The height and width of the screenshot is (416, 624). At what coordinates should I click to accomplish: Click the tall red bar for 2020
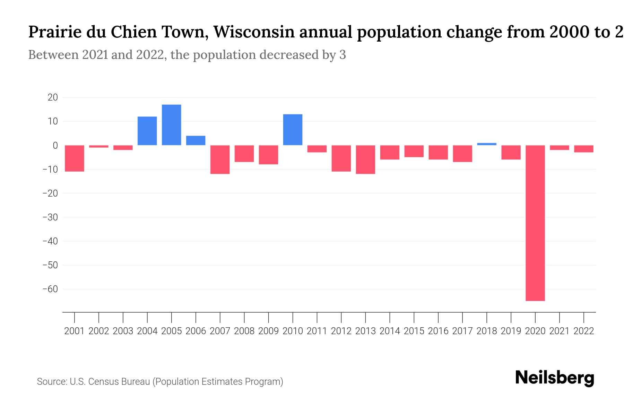(535, 223)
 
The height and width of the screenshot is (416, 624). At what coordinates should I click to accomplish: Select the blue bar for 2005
(172, 125)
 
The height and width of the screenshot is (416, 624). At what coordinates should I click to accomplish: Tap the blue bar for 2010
(293, 130)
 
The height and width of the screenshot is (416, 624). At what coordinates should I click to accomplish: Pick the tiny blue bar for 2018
(486, 144)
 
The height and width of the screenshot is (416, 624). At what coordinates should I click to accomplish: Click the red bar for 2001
(75, 158)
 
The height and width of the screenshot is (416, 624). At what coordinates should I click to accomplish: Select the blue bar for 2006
(196, 140)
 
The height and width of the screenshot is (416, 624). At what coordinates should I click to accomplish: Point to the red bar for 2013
(365, 159)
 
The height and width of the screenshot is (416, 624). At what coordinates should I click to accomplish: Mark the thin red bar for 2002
(99, 146)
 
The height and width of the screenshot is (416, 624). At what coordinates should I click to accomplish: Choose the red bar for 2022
(583, 149)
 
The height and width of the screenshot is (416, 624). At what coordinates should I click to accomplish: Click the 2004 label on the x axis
(147, 331)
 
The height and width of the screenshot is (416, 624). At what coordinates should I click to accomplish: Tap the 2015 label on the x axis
(414, 331)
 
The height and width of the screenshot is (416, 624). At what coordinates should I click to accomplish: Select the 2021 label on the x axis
(559, 331)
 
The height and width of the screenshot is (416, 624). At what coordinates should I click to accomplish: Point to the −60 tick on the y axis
(50, 289)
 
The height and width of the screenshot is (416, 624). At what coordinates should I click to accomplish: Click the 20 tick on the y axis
(53, 97)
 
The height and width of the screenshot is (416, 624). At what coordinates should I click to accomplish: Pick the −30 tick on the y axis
(50, 217)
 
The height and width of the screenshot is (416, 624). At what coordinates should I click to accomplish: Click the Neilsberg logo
(555, 378)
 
